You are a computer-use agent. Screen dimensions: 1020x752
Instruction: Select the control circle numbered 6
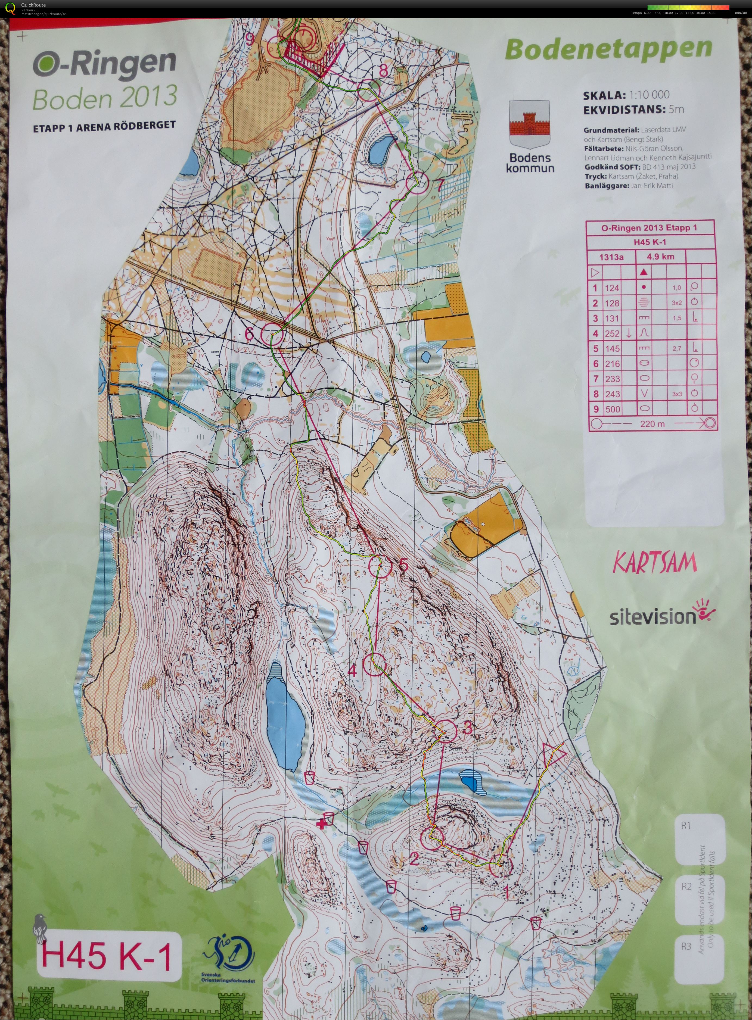[x=272, y=334]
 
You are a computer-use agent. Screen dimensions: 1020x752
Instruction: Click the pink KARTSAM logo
[x=655, y=563]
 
